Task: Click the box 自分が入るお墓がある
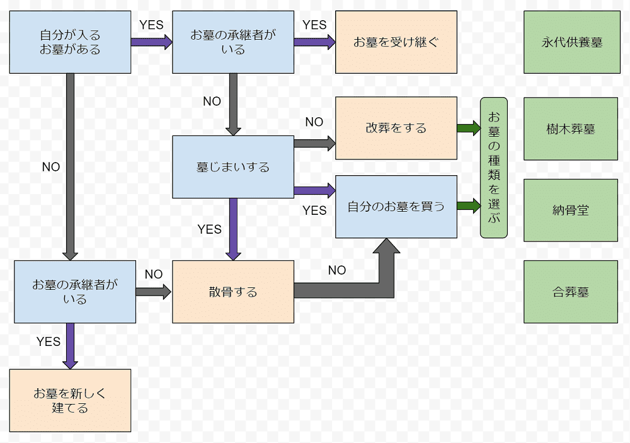[70, 42]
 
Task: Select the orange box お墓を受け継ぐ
[396, 42]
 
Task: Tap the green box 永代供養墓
[571, 42]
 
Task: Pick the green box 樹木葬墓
[571, 129]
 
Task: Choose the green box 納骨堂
[571, 210]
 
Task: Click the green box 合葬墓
[571, 292]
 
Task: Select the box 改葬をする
[396, 128]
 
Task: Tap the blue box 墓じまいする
[233, 167]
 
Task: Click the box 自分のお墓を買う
[396, 206]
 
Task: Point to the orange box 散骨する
[233, 292]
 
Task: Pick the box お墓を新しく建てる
[70, 400]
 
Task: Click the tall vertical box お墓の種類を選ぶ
[493, 168]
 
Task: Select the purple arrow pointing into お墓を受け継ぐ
[314, 42]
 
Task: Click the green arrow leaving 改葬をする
[469, 128]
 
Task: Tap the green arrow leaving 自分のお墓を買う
[469, 206]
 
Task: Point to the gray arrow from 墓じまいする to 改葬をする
[314, 143]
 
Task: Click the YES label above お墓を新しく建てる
[49, 342]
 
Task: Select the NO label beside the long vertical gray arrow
[51, 167]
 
